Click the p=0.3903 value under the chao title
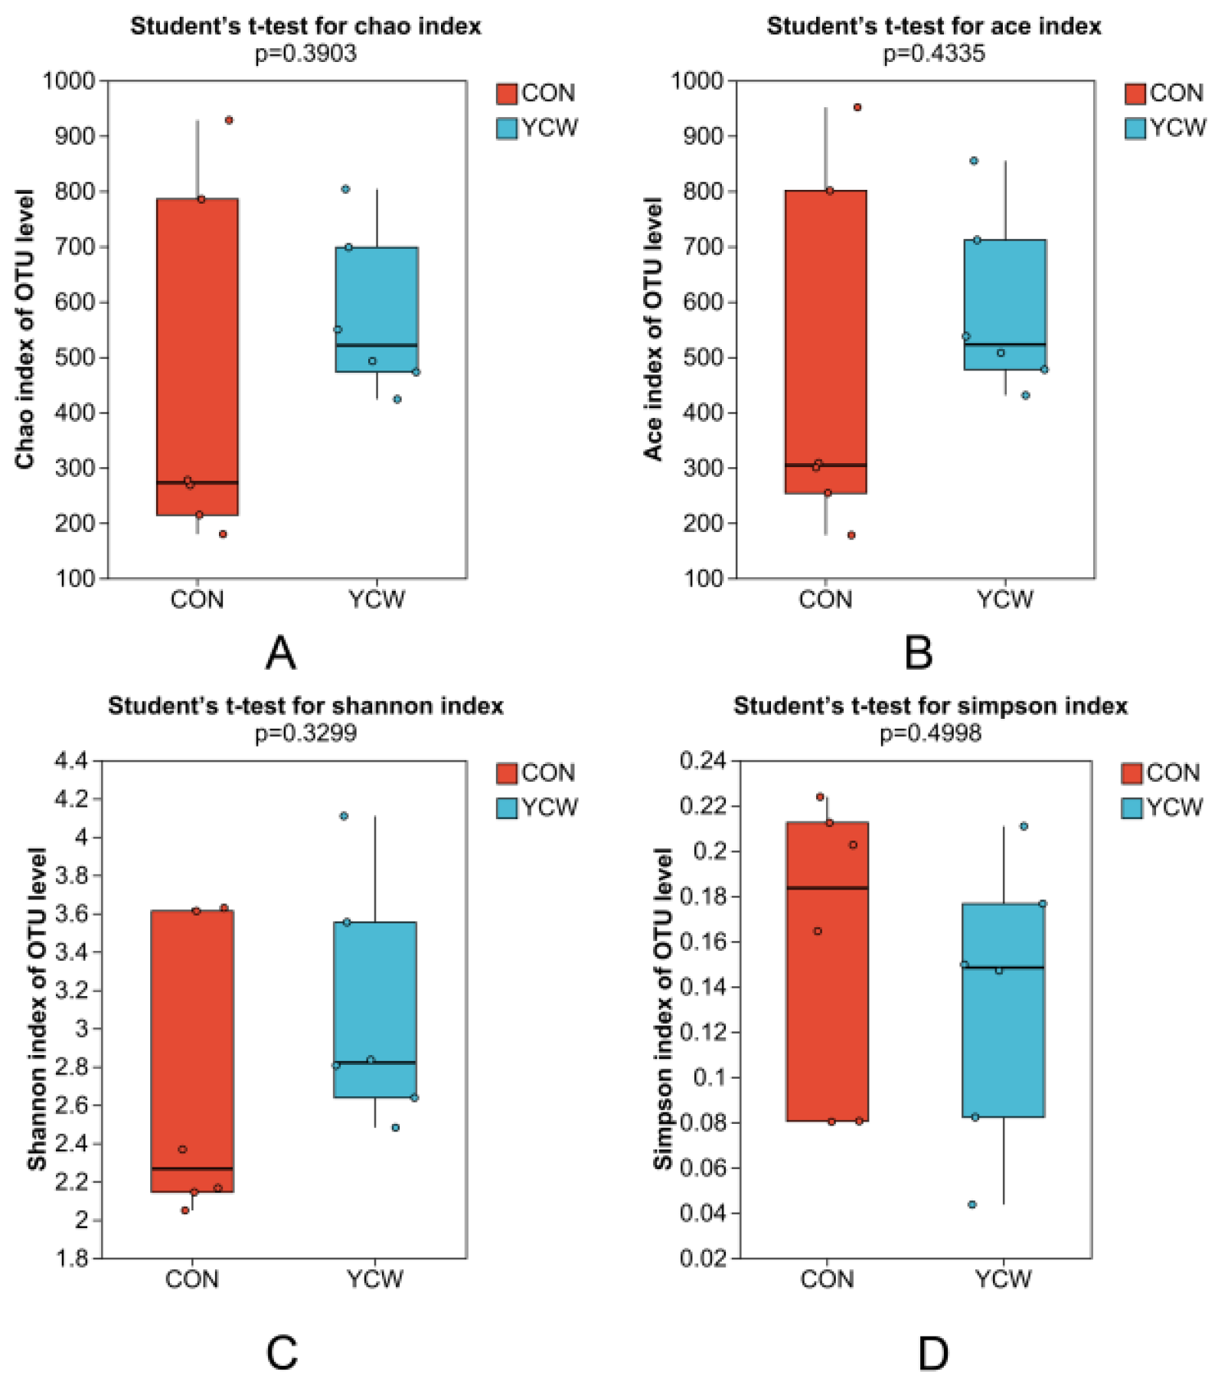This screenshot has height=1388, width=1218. tap(305, 54)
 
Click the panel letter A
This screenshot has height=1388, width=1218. tap(281, 653)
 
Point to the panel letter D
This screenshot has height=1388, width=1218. tap(932, 1353)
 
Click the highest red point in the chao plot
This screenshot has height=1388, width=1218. tap(229, 120)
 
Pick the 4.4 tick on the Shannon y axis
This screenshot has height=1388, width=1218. tap(73, 761)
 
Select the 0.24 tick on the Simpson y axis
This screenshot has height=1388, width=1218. tap(702, 761)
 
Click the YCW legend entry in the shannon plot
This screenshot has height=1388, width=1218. tap(537, 807)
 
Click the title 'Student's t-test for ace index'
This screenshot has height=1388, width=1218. tap(933, 26)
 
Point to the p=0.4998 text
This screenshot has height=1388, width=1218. tap(930, 733)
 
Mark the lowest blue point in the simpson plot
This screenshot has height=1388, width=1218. tap(972, 1204)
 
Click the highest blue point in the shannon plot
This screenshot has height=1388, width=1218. tap(344, 816)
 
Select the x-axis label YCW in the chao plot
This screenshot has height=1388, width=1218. tap(376, 599)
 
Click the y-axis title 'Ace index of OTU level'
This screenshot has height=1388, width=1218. tap(653, 329)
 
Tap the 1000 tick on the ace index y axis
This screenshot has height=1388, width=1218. tap(697, 80)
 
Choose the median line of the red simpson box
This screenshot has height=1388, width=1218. tap(827, 888)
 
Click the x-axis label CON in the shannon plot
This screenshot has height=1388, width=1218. tap(192, 1279)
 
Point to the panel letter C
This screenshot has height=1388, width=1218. tap(281, 1353)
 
